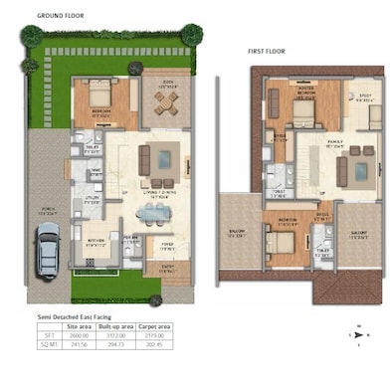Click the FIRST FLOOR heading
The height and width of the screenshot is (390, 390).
click(x=268, y=50)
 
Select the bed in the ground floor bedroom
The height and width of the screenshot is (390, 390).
click(x=101, y=98)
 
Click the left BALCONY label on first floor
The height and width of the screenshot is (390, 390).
click(x=237, y=235)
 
